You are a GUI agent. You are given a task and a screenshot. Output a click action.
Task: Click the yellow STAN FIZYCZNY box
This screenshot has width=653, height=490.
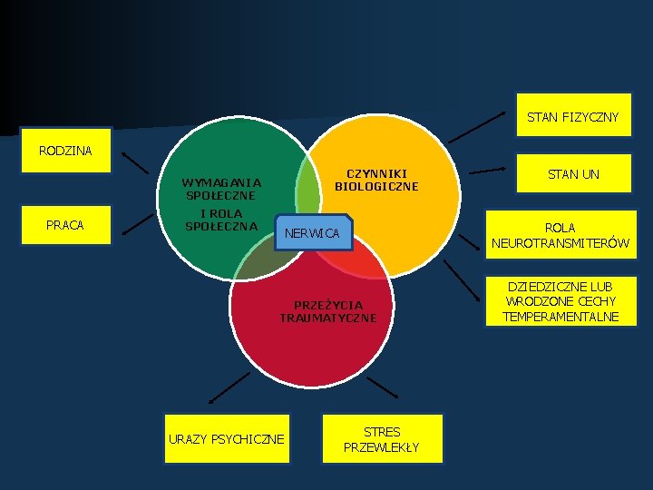click(573, 116)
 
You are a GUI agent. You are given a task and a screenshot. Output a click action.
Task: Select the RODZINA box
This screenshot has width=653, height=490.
click(65, 150)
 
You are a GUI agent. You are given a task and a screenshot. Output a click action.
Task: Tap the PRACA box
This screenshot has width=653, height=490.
click(65, 224)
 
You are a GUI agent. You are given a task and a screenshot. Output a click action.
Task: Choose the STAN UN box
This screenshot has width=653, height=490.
click(574, 173)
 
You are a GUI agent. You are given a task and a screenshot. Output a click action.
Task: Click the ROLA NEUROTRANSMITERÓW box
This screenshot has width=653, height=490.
click(560, 235)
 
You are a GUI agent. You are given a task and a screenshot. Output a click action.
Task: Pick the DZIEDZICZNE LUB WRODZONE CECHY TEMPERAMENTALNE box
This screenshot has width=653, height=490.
click(561, 301)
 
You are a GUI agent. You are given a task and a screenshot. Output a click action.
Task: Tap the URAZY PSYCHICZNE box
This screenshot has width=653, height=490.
click(226, 439)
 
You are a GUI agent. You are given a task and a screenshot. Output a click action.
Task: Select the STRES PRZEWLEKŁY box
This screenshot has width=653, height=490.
click(381, 439)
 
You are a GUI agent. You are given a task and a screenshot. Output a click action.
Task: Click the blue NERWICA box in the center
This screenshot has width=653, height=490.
click(312, 233)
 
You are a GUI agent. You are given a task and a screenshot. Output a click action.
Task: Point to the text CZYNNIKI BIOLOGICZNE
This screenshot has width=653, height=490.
click(376, 180)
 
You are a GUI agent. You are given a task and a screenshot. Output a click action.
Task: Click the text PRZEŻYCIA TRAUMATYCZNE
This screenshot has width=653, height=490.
click(328, 311)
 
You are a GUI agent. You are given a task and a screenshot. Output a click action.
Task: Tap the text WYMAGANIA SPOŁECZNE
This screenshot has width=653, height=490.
click(220, 188)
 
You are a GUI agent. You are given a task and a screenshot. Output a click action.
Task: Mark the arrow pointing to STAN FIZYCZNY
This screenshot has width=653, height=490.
click(478, 127)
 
